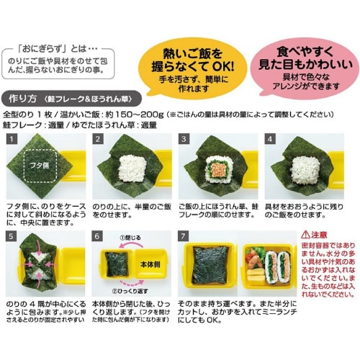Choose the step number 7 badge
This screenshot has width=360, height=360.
[x=184, y=236]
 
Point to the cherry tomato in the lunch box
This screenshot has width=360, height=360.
[x=252, y=255]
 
